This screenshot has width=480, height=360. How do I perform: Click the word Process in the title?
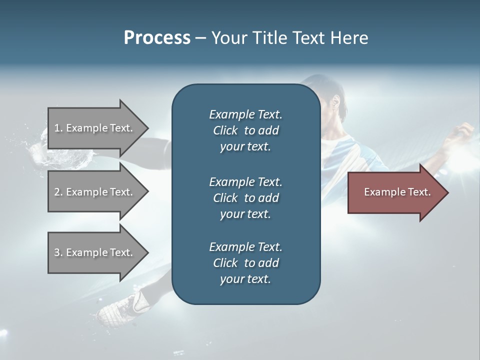coord(157,37)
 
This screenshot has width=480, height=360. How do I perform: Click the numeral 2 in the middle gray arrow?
coord(57,192)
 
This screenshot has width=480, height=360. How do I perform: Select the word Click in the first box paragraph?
coord(225,130)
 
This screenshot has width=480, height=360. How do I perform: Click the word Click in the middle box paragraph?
coord(225,198)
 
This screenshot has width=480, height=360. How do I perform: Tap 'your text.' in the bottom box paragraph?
coord(245,279)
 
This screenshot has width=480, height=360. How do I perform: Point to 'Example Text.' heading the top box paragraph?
coord(245,114)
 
